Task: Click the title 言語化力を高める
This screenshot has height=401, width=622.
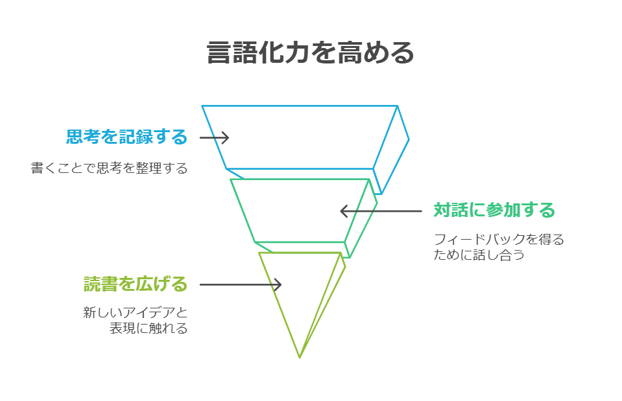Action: pyautogui.click(x=310, y=53)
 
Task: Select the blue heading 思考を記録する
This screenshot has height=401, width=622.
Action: pyautogui.click(x=126, y=137)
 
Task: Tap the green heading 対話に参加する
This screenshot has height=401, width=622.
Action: pyautogui.click(x=494, y=211)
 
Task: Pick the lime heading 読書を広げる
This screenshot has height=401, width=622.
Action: pyautogui.click(x=136, y=284)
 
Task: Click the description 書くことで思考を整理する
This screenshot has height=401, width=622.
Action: pyautogui.click(x=109, y=168)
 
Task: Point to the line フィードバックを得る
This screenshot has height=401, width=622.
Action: pyautogui.click(x=499, y=240)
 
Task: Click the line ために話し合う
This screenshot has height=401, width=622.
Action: pyautogui.click(x=479, y=255)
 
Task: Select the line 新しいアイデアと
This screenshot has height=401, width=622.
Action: pyautogui.click(x=136, y=313)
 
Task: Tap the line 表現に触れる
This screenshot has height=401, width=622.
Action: pyautogui.click(x=149, y=328)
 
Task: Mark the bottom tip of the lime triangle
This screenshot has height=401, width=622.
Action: pyautogui.click(x=300, y=356)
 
